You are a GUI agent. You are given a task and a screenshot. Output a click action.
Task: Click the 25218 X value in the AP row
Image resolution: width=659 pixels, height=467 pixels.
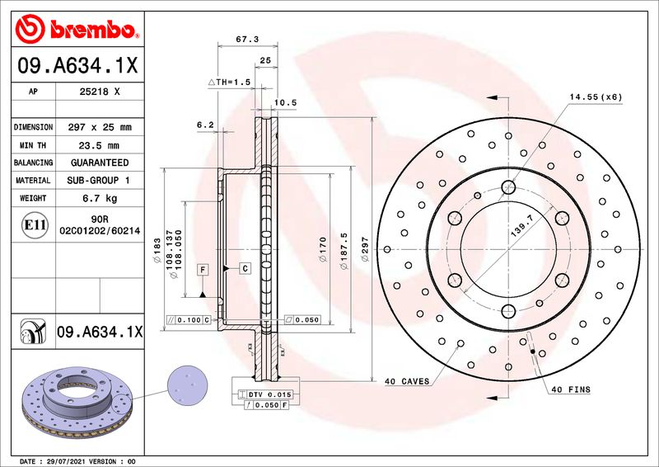click(100, 92)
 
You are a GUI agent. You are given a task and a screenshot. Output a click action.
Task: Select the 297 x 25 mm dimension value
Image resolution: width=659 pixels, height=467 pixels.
click(100, 127)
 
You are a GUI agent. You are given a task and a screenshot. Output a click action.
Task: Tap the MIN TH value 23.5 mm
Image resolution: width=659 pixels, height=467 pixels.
click(99, 145)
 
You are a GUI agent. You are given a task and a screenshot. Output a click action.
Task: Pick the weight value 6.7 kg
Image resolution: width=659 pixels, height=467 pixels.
click(100, 198)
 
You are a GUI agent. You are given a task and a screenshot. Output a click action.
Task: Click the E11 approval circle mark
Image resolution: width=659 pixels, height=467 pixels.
click(35, 225)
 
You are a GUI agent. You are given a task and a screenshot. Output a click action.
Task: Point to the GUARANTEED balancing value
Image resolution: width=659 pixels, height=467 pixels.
click(100, 163)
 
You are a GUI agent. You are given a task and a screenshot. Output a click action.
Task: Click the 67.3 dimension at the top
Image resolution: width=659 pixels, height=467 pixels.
click(247, 39)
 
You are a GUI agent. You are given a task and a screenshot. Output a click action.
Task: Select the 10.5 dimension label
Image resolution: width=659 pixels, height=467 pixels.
click(285, 102)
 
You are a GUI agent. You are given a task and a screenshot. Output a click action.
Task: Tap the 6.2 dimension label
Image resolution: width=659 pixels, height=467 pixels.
click(205, 125)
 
